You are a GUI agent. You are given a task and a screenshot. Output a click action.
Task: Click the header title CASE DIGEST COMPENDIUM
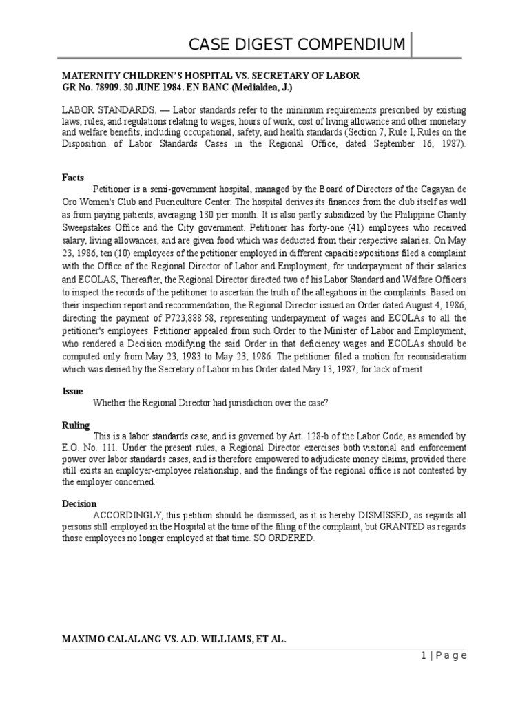pyautogui.click(x=298, y=45)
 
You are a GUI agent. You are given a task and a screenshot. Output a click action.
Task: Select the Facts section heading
pyautogui.click(x=73, y=177)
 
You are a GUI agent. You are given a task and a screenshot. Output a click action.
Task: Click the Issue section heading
pyautogui.click(x=73, y=391)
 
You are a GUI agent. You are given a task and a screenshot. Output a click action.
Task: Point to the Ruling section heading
pyautogui.click(x=76, y=425)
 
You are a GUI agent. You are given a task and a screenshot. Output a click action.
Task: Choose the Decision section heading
pyautogui.click(x=79, y=504)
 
